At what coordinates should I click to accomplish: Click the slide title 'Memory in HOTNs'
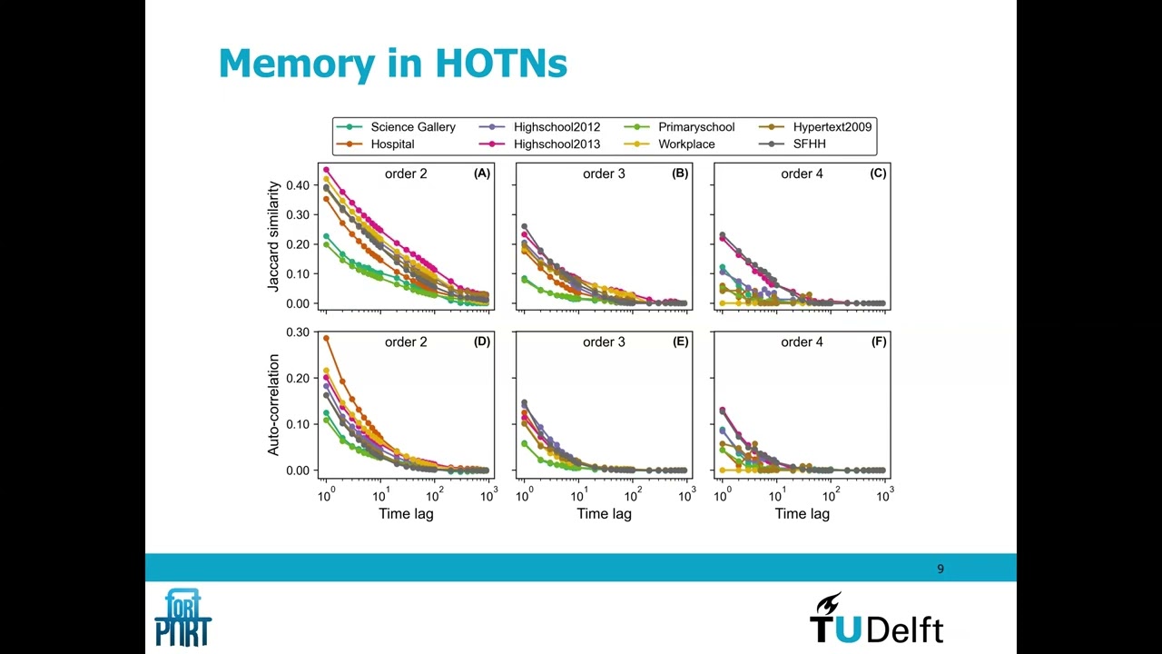click(x=392, y=64)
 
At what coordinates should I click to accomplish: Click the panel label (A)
click(x=481, y=173)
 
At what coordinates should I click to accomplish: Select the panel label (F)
click(x=878, y=342)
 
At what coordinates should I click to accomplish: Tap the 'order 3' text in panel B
click(x=604, y=173)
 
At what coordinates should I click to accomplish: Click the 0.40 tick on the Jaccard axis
click(x=298, y=185)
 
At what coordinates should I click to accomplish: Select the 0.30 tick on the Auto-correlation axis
click(x=298, y=332)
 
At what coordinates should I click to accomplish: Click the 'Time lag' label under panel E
click(x=604, y=514)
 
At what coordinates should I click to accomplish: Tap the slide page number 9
click(x=940, y=569)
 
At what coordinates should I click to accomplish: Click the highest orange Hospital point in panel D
click(x=326, y=339)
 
